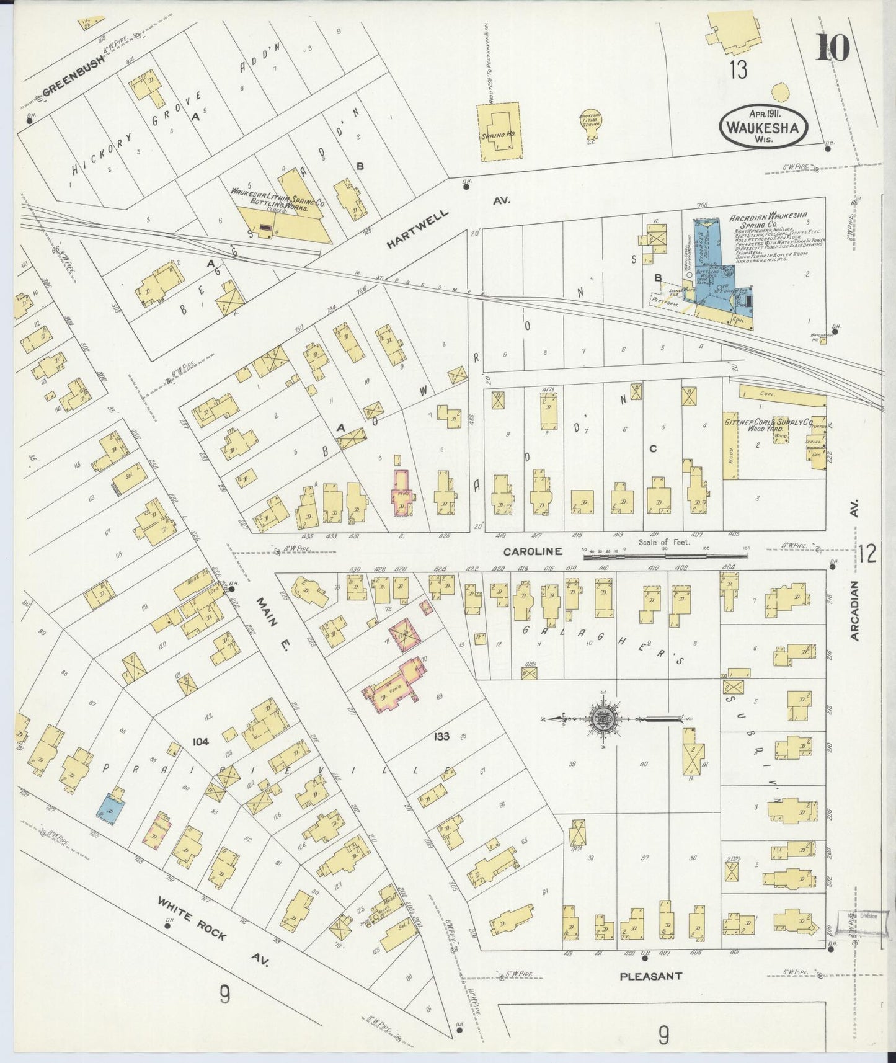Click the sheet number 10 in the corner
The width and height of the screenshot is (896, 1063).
pos(832,47)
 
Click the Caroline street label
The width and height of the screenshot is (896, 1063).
pos(532,551)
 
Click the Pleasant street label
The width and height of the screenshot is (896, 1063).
pos(650,976)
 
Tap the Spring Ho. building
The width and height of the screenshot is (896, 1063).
pos(499,131)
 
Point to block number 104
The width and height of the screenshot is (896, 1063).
pos(200,742)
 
